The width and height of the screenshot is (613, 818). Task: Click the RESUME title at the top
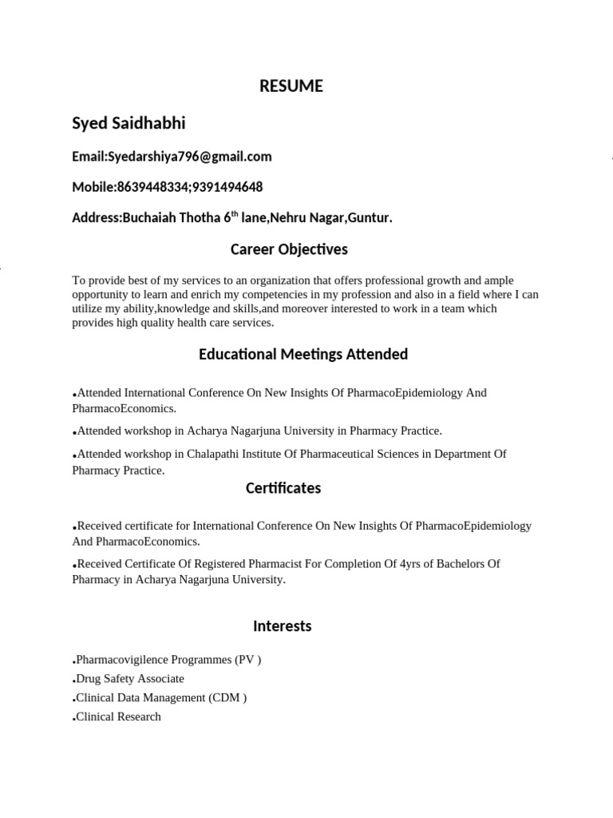coord(291,87)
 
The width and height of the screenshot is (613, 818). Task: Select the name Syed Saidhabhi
coord(129,123)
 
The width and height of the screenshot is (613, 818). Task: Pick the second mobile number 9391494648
coord(225,187)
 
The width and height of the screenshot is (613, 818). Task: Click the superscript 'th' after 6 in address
coord(235,214)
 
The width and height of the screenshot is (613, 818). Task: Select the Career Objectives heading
coord(289,249)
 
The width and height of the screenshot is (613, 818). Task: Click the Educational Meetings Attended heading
coord(303,354)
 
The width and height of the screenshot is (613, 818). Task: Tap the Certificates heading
coord(283,488)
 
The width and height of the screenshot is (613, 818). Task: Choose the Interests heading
coord(282,626)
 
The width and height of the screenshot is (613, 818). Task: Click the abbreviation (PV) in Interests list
coord(247,660)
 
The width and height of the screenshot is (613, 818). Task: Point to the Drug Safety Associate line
coord(129,679)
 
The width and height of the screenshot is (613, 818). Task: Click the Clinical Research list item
coord(118,717)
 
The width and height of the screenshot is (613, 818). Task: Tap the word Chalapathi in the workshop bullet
coord(214,455)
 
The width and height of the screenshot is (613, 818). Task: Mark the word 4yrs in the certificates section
coord(397,564)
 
